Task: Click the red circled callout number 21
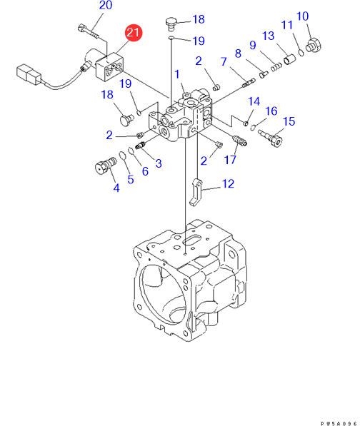click(x=134, y=33)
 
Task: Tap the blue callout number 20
click(x=106, y=6)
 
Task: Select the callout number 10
click(x=302, y=16)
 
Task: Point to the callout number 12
click(x=228, y=184)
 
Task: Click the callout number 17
click(x=230, y=160)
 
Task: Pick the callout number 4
click(x=116, y=188)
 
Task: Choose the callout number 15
click(x=289, y=121)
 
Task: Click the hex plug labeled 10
click(x=314, y=46)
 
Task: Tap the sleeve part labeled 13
click(x=289, y=59)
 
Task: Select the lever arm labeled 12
click(x=196, y=193)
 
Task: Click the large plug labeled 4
click(x=106, y=165)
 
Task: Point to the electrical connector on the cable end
click(x=29, y=74)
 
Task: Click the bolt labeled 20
click(x=89, y=31)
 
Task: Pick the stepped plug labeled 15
click(x=271, y=138)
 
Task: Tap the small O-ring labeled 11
click(x=301, y=52)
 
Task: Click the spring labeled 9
click(x=276, y=67)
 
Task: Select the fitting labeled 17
click(x=239, y=141)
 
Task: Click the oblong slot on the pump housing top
click(x=191, y=240)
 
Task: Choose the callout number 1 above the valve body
click(x=177, y=74)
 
